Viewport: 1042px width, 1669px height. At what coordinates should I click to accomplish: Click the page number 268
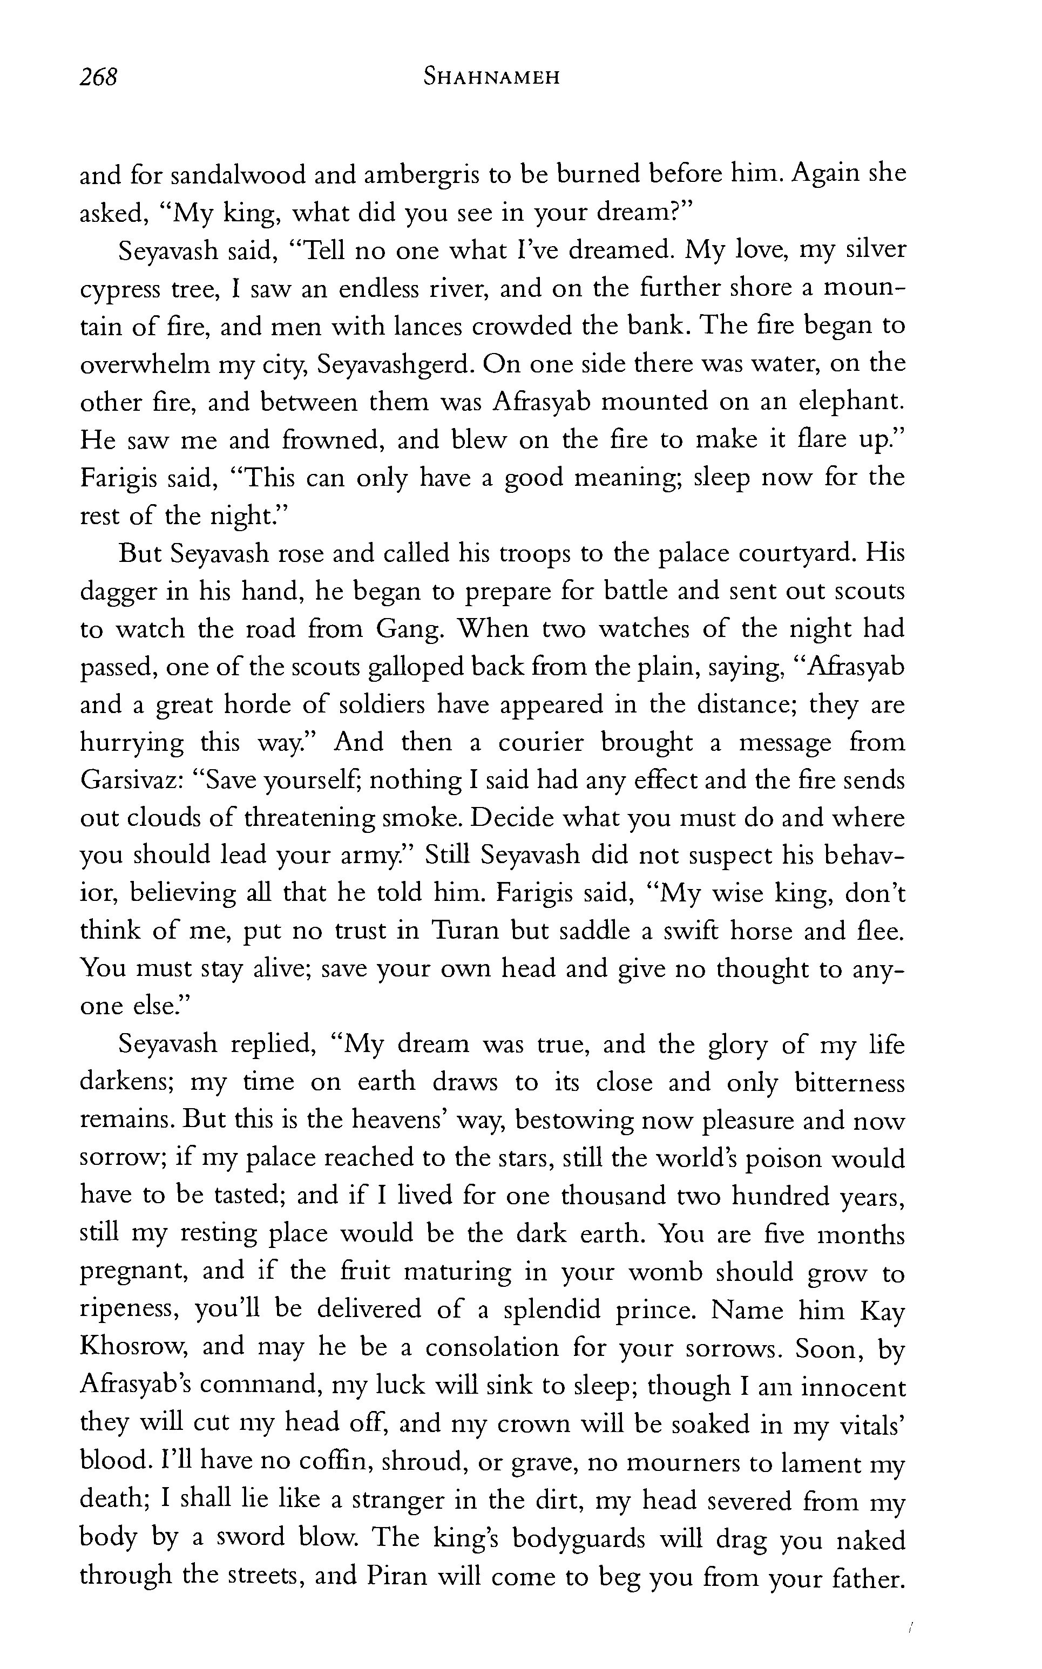pos(99,77)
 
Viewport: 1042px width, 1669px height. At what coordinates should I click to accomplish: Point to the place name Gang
pos(409,629)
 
